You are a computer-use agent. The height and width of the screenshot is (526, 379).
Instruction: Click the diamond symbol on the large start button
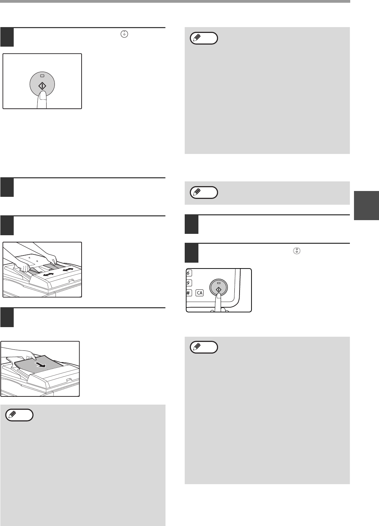click(x=42, y=86)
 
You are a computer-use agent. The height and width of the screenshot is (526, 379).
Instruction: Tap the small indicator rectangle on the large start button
click(x=42, y=76)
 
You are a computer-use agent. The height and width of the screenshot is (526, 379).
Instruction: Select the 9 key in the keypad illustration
click(x=189, y=283)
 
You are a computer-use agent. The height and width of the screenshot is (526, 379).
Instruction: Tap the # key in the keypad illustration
click(x=189, y=293)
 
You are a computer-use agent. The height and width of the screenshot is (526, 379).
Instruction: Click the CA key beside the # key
click(x=199, y=293)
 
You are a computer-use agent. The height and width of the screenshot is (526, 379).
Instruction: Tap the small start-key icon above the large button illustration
click(x=124, y=34)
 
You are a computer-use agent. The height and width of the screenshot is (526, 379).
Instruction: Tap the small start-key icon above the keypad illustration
click(x=297, y=251)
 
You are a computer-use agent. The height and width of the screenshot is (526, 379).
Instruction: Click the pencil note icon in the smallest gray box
click(x=204, y=193)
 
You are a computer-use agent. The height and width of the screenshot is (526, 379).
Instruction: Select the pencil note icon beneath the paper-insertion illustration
click(x=19, y=415)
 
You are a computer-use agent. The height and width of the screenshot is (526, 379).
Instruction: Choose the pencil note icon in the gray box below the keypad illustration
click(x=204, y=347)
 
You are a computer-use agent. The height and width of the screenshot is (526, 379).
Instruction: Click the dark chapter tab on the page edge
click(x=366, y=205)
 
